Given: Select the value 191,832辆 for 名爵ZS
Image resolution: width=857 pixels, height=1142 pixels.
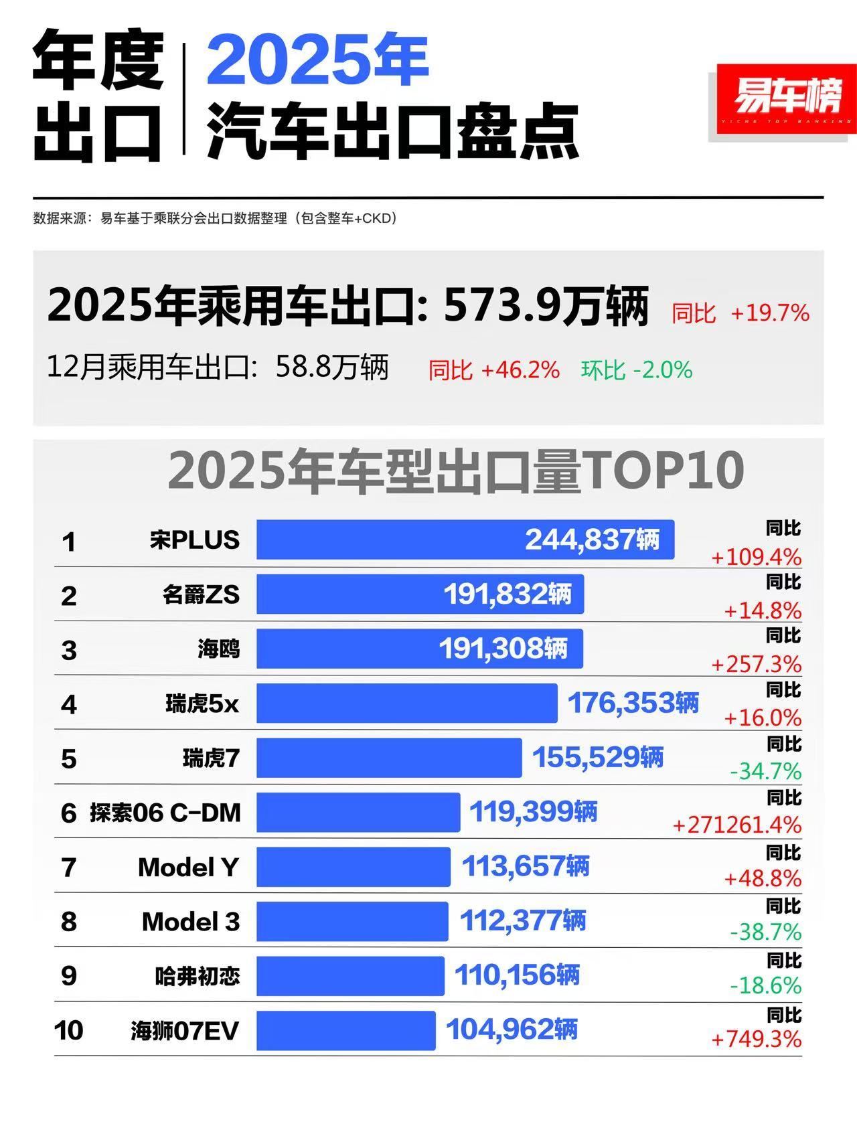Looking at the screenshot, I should click(508, 594).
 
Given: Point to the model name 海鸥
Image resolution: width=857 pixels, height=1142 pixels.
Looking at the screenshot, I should click(218, 649).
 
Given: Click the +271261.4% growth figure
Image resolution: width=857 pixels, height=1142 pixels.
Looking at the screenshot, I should click(737, 825).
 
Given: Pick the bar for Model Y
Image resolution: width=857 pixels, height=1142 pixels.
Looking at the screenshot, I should click(353, 866).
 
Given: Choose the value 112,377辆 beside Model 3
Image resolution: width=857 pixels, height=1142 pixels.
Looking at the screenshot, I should click(522, 920).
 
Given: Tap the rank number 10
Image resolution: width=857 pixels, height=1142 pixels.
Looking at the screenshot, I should click(68, 1030).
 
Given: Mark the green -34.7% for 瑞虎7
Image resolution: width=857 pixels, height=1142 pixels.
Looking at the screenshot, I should click(765, 772).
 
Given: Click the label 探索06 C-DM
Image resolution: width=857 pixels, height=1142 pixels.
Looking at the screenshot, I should click(165, 813).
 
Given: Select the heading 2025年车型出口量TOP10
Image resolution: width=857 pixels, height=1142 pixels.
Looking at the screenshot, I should click(455, 471).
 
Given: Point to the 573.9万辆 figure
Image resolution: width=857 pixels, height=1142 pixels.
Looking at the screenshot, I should click(546, 307).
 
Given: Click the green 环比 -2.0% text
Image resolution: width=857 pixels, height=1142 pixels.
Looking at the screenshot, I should click(636, 370).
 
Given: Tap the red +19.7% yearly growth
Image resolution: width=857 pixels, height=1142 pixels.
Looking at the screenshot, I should click(770, 313).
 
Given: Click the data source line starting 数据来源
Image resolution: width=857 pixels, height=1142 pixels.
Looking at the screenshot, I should click(214, 218).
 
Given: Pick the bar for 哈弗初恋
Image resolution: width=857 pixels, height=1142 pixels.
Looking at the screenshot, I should click(349, 975).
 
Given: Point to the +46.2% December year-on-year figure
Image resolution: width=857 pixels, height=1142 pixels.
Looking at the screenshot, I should click(520, 370).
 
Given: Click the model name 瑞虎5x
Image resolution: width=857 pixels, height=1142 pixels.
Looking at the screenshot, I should click(202, 704).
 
